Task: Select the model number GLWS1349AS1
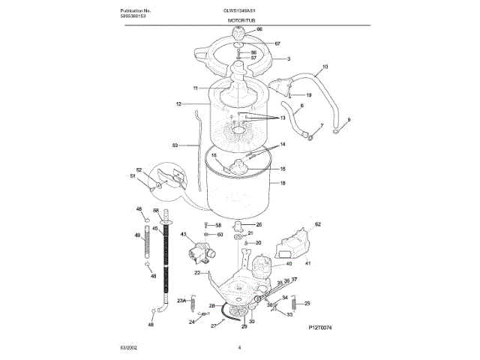pyautogui.click(x=241, y=10)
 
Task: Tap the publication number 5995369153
pyautogui.click(x=133, y=15)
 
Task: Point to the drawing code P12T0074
pyautogui.click(x=319, y=328)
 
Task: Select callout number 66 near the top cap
pyautogui.click(x=260, y=29)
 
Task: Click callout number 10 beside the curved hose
pyautogui.click(x=325, y=67)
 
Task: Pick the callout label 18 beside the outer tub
pyautogui.click(x=283, y=182)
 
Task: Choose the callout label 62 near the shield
pyautogui.click(x=317, y=224)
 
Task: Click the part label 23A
pyautogui.click(x=181, y=301)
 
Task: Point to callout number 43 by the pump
pyautogui.click(x=182, y=235)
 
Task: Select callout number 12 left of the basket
pyautogui.click(x=179, y=103)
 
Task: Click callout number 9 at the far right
pyautogui.click(x=348, y=120)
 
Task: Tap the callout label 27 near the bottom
pyautogui.click(x=213, y=326)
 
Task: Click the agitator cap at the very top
pyautogui.click(x=241, y=34)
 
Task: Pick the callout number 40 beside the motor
pyautogui.click(x=289, y=264)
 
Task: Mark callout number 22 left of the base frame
pyautogui.click(x=197, y=274)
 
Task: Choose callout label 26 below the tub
pyautogui.click(x=259, y=224)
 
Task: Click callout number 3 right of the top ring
pyautogui.click(x=288, y=58)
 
